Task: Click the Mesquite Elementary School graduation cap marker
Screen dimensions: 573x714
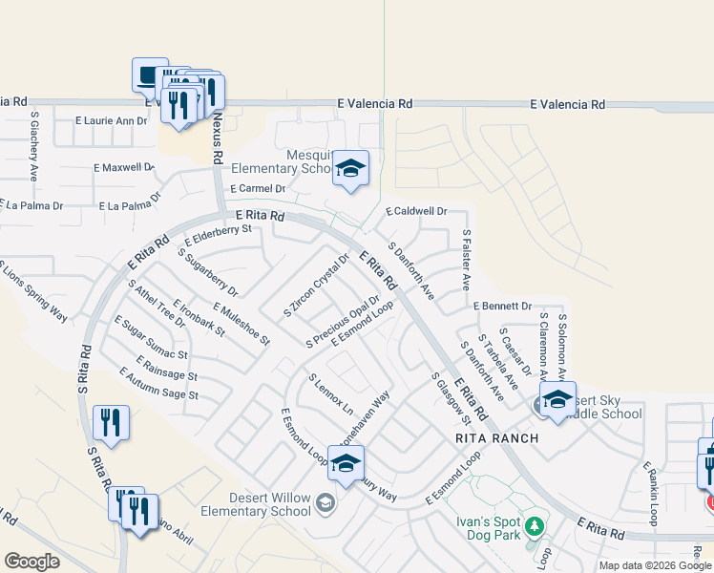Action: click(350, 170)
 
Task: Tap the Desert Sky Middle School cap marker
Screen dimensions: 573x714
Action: click(558, 400)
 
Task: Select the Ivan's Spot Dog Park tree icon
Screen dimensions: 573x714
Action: click(535, 525)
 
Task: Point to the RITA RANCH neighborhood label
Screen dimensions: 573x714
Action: click(497, 438)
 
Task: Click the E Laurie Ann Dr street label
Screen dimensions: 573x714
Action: click(112, 121)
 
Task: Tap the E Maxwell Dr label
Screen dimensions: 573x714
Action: click(123, 168)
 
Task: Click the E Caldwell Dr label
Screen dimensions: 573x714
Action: click(416, 211)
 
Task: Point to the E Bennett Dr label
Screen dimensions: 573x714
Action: click(502, 306)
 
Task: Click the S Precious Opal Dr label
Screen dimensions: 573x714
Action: click(343, 322)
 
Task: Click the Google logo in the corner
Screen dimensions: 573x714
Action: click(31, 562)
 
